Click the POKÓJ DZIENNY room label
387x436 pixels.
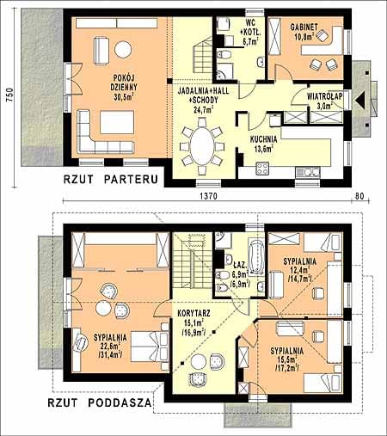coord(124,83)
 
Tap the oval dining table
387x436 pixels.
coord(202,146)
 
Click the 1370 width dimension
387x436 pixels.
coord(208,196)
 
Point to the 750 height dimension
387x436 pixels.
coord(9,95)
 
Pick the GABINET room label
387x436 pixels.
coord(304,27)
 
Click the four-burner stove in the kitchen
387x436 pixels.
coord(262,169)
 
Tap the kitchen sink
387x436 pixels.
coord(308,172)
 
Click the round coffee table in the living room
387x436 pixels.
coord(123,49)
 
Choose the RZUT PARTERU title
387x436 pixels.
coord(111,180)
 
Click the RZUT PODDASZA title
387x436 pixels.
coord(99,402)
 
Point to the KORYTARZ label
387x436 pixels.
coord(193,313)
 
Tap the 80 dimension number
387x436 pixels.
coord(359,196)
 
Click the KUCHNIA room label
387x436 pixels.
coord(264,139)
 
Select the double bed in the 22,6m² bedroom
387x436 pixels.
coord(150,347)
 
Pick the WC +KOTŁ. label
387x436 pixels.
coord(249,27)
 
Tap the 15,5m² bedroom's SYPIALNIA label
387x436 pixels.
coord(287,351)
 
